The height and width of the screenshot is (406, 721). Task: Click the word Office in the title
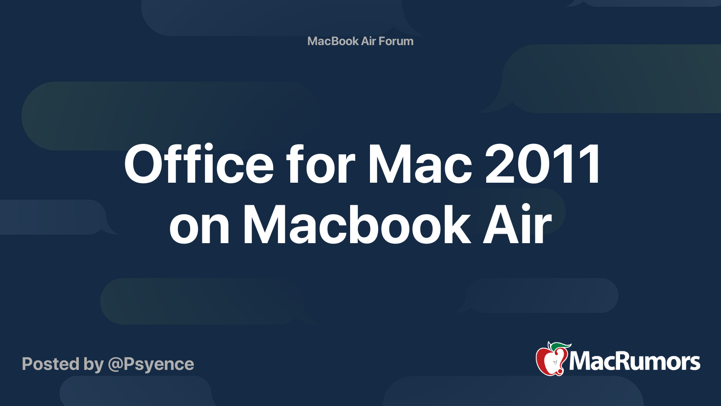tap(199, 164)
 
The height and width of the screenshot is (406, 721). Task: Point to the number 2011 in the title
tap(543, 164)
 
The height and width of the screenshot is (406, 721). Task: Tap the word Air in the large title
tap(518, 224)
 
